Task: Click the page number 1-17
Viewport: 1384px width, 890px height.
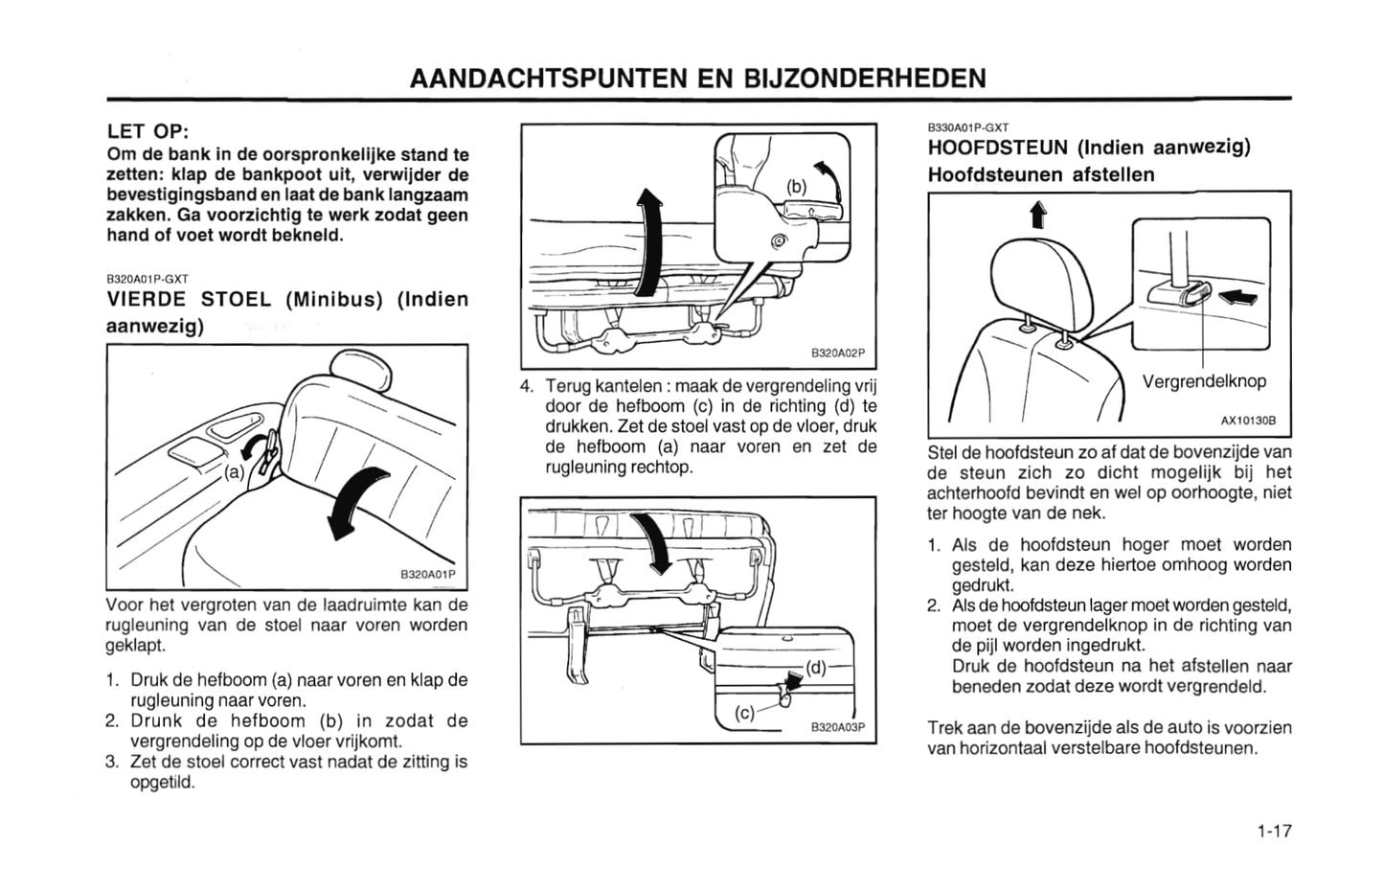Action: (x=1274, y=831)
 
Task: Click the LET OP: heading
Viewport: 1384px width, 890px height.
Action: (x=147, y=131)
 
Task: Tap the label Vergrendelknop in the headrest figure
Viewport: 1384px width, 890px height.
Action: (x=1204, y=381)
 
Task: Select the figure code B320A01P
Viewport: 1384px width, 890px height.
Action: (x=427, y=574)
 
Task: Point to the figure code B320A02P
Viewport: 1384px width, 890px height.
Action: (x=838, y=353)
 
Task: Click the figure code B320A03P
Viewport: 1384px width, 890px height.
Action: (x=838, y=727)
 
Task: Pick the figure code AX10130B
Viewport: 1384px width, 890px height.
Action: (x=1248, y=421)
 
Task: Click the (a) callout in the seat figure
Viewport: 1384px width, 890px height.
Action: (x=234, y=473)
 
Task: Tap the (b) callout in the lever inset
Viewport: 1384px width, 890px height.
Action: (x=797, y=186)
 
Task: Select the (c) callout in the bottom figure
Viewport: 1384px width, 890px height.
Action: (x=745, y=713)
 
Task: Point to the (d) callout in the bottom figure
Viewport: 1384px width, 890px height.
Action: (x=816, y=668)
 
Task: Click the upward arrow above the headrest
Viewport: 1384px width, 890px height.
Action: (x=1038, y=216)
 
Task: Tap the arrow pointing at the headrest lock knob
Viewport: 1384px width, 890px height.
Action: (x=1237, y=298)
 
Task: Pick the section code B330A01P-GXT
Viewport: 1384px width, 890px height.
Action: (x=968, y=128)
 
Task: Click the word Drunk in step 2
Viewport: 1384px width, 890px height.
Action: (x=156, y=721)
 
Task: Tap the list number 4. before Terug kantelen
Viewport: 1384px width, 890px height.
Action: (x=527, y=386)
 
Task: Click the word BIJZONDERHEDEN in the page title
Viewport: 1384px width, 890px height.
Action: (x=864, y=79)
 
